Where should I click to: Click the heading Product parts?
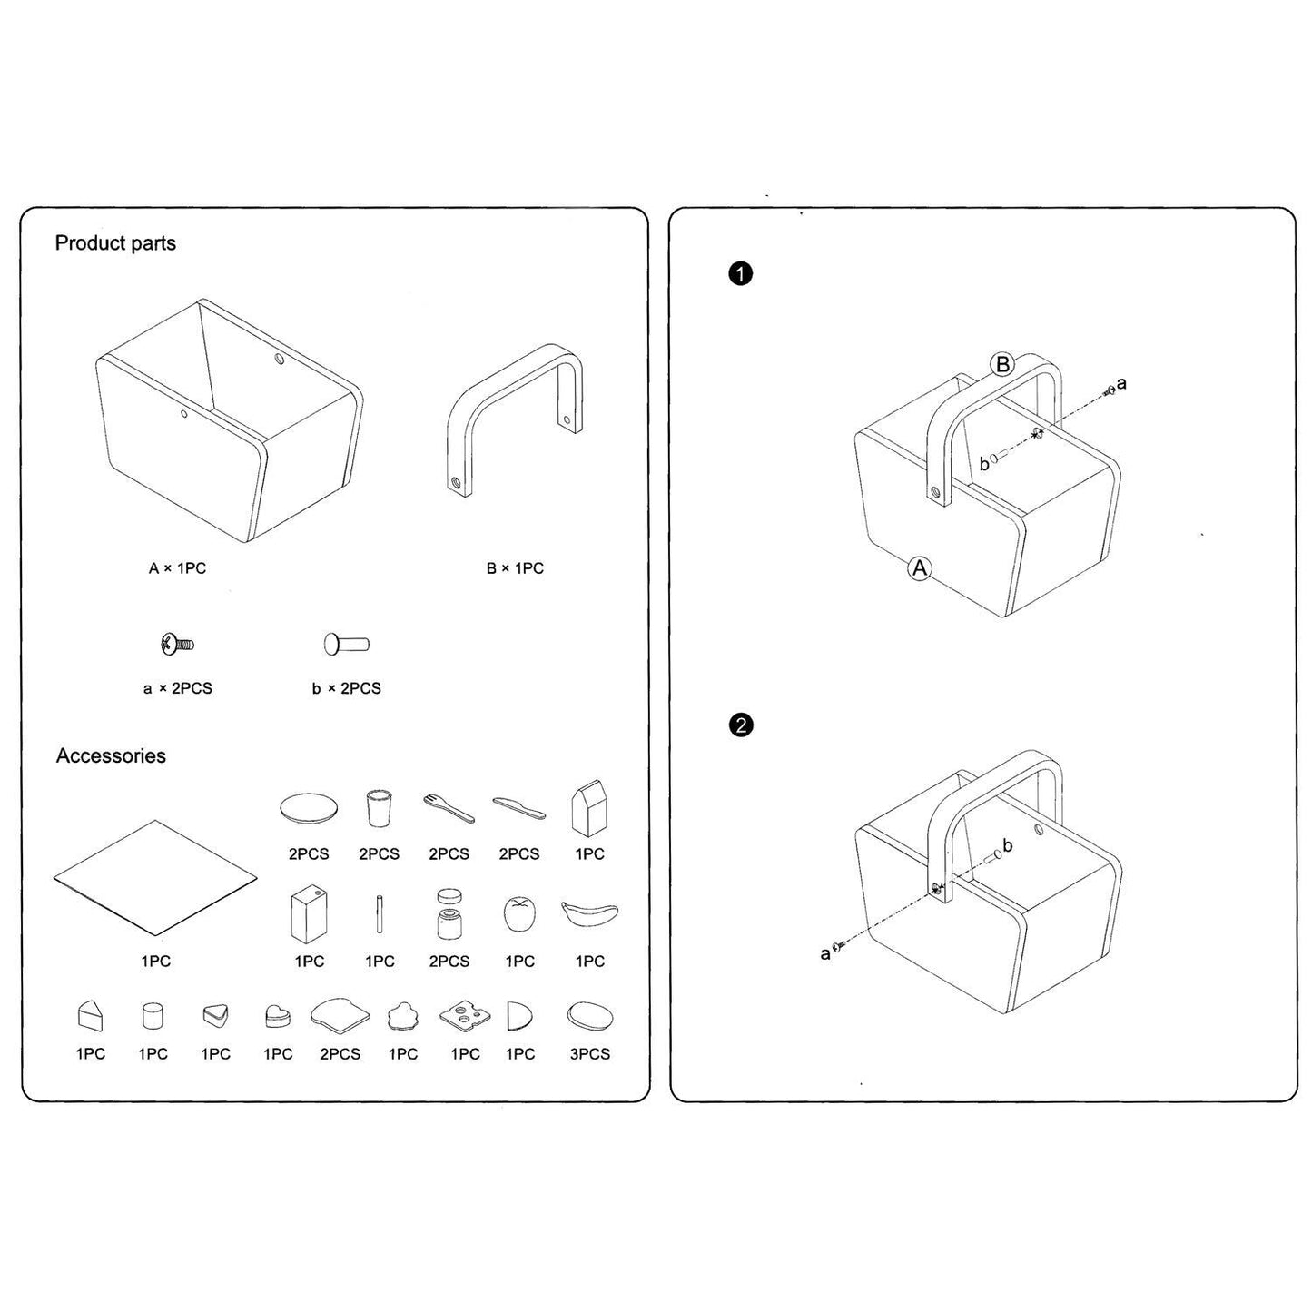pos(115,243)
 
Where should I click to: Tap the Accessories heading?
pos(111,755)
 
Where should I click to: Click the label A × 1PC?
pos(177,567)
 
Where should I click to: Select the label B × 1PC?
pos(515,567)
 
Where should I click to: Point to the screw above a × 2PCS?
pos(178,644)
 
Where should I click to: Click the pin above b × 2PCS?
pos(346,644)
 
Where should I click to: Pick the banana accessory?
pos(589,913)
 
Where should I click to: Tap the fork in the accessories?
pos(449,807)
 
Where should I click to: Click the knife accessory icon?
pos(518,808)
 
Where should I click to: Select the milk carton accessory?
pos(589,808)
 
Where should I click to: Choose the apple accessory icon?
pos(519,913)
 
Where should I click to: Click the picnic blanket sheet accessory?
pos(155,878)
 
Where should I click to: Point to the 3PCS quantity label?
pos(589,1054)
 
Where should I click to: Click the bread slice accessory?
pos(340,1015)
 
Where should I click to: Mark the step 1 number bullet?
pos(741,273)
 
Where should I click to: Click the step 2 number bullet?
pos(741,725)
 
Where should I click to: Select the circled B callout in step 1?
pos(1002,364)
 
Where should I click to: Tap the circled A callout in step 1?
pos(920,567)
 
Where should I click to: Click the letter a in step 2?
pos(825,954)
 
